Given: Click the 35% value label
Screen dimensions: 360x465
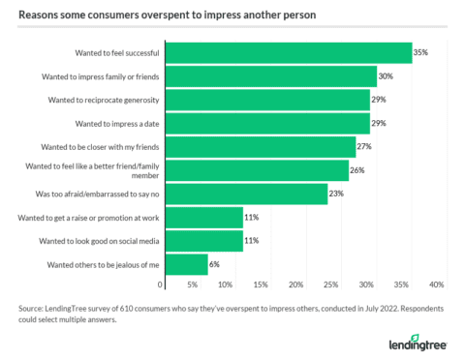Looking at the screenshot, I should pyautogui.click(x=420, y=52).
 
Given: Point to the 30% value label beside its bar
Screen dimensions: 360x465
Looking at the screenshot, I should pyautogui.click(x=386, y=75).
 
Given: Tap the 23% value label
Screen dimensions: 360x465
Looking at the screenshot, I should pyautogui.click(x=336, y=194).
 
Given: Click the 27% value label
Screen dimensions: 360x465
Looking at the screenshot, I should pyautogui.click(x=364, y=146).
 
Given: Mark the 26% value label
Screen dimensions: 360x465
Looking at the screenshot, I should pyautogui.click(x=357, y=170).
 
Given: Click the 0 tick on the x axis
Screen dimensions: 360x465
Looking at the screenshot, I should pyautogui.click(x=160, y=285).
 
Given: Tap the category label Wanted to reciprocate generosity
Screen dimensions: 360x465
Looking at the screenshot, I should pyautogui.click(x=108, y=100).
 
